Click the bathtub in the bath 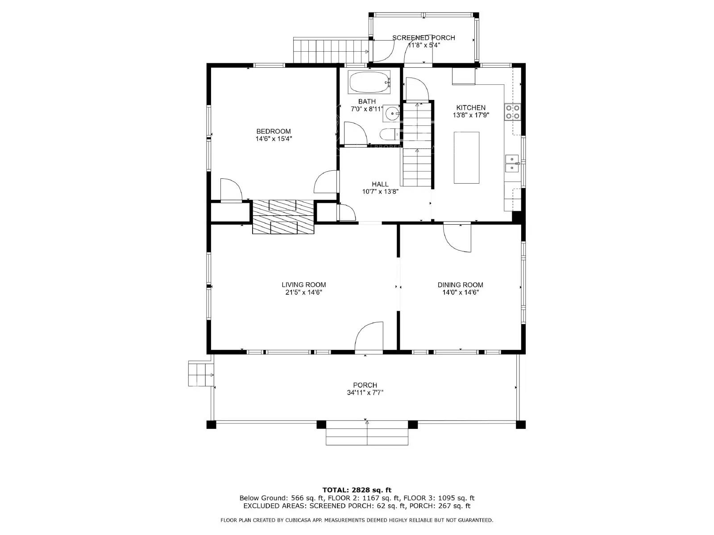pos(369,82)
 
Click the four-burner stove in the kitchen pos(512,111)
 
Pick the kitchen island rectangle pos(466,157)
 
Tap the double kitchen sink pos(512,164)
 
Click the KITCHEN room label pos(471,107)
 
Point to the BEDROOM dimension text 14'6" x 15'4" pos(274,139)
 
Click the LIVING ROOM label pos(303,284)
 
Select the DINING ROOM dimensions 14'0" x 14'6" pos(460,292)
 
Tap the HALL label pos(380,184)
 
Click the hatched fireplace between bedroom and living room pos(283,217)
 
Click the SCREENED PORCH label pos(423,37)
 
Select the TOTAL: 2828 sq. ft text pos(357,490)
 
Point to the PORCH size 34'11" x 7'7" pos(365,393)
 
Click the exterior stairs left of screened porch pos(330,51)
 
